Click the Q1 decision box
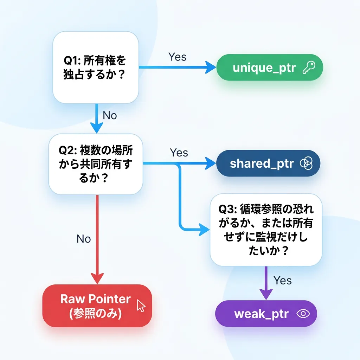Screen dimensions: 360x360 click(96, 67)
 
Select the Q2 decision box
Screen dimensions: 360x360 click(96, 164)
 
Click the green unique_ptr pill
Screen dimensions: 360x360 click(269, 67)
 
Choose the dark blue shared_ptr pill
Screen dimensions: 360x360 click(268, 163)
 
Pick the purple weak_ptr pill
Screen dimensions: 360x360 click(266, 314)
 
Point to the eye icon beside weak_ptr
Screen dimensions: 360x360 click(302, 314)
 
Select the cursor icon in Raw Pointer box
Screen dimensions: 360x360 click(141, 306)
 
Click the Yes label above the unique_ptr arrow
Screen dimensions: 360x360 click(177, 57)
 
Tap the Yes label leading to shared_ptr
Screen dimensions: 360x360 click(179, 153)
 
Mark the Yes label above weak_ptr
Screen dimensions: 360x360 click(283, 280)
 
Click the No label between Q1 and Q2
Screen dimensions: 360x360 click(110, 115)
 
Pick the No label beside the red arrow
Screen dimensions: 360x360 click(84, 239)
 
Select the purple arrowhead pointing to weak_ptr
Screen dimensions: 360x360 click(266, 295)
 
